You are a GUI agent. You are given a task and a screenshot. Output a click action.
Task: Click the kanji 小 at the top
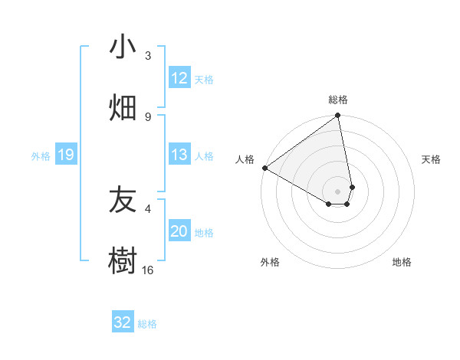click(123, 48)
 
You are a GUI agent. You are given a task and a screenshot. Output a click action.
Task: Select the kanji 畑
click(123, 108)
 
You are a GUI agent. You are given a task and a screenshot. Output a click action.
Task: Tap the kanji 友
click(123, 201)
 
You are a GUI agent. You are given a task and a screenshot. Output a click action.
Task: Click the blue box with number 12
click(179, 78)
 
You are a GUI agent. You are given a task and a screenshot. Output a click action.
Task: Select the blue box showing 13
click(179, 155)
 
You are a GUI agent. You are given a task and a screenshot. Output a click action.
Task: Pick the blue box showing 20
click(179, 231)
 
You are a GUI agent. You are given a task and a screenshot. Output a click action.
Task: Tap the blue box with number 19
click(66, 155)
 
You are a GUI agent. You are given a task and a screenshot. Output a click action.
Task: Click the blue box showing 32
click(123, 322)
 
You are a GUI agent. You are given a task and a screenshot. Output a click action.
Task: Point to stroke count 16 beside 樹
click(148, 270)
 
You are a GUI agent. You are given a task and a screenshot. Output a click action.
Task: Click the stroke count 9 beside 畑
click(148, 116)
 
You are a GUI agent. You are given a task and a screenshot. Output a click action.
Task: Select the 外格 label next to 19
click(41, 156)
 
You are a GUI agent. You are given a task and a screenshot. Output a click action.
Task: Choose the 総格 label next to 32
click(147, 324)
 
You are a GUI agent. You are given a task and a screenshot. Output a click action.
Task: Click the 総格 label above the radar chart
click(338, 100)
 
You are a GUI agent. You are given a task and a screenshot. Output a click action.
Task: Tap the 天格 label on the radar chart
click(432, 159)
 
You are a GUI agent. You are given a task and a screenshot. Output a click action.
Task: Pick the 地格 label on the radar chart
click(402, 262)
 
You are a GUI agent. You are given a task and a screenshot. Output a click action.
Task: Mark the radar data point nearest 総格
click(338, 116)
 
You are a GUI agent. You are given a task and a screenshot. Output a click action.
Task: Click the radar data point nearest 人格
click(264, 168)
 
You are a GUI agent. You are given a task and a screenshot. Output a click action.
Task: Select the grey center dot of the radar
click(338, 191)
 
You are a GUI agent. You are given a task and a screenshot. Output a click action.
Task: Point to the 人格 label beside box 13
click(204, 156)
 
